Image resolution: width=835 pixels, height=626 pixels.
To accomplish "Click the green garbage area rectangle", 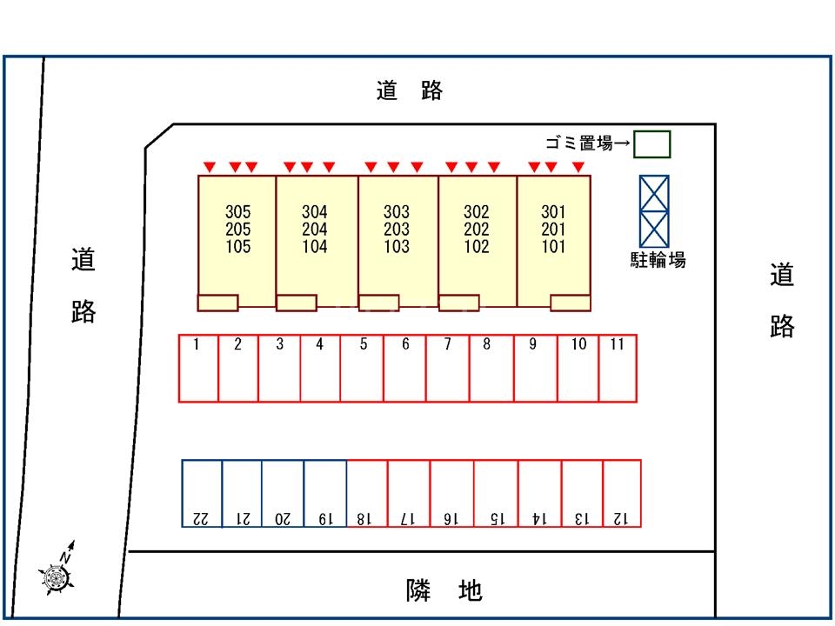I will point(651,144).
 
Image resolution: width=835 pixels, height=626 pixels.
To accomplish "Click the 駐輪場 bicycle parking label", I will point(658,259).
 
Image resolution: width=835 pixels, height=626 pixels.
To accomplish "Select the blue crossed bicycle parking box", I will point(654,211).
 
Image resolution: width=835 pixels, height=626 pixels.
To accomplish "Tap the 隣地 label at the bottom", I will point(444,591).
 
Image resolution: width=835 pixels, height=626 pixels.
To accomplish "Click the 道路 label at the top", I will point(410,90).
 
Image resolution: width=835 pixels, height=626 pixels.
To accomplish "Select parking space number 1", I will point(198,369).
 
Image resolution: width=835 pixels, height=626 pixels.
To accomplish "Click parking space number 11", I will point(618,369).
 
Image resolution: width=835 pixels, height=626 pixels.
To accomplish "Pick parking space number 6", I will point(405,369).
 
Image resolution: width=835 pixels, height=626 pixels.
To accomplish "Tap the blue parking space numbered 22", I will point(202,493).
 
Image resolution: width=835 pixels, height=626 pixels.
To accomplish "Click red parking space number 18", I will point(366,493).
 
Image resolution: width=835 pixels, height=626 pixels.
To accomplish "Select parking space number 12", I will point(622,493).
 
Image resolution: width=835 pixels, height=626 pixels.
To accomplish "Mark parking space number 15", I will point(496,493).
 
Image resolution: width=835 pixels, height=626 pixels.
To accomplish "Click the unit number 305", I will point(237,211).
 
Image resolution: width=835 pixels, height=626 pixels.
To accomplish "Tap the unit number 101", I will point(553,246).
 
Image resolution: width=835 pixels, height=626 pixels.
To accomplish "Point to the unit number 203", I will point(397,229).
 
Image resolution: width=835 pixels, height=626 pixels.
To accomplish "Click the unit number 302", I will point(477,211).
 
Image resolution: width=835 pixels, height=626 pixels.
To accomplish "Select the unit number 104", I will point(315,246).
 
